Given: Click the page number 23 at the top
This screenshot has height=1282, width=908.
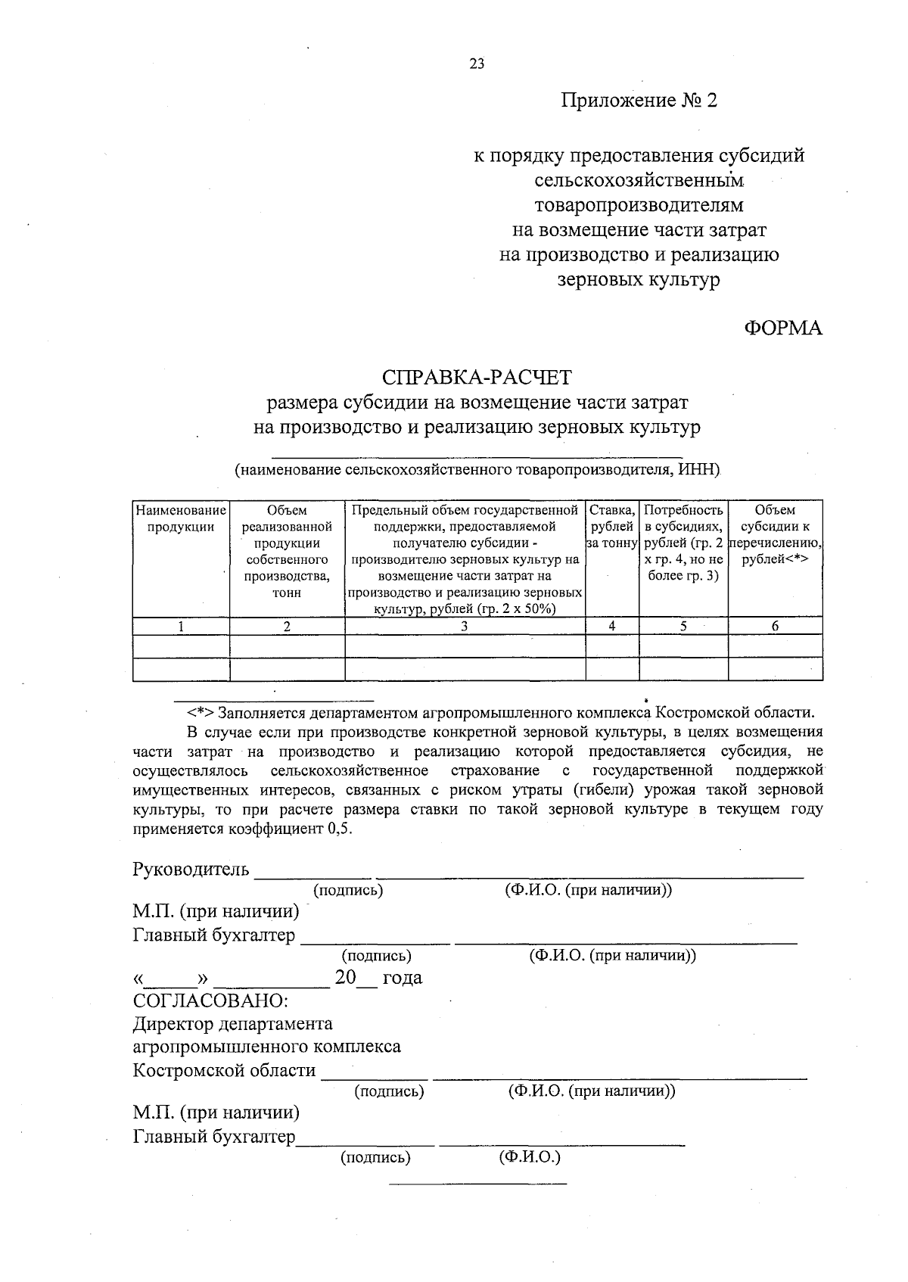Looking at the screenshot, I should (x=477, y=64).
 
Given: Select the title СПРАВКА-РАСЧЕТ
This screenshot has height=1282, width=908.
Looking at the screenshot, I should (x=477, y=376).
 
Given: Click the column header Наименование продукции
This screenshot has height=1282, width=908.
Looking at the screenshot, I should (x=181, y=518).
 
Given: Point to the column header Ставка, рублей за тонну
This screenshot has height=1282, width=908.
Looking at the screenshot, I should (x=612, y=527).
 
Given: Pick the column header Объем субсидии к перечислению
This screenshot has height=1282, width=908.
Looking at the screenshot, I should (x=775, y=535).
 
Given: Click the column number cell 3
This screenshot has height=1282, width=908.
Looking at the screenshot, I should (x=465, y=626).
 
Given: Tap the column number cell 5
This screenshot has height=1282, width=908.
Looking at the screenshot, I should (x=683, y=626).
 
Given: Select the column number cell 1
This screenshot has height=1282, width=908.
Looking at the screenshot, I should (x=181, y=626).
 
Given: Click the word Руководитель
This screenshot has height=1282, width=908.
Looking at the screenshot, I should (x=191, y=869).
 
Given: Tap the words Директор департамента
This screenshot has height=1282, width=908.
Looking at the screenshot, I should (x=233, y=1024).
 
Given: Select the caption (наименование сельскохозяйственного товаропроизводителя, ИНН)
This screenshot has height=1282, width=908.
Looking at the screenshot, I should (x=477, y=470).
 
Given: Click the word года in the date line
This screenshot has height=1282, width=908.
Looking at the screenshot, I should (x=403, y=978).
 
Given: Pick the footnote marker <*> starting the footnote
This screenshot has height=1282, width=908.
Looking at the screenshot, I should (x=201, y=713).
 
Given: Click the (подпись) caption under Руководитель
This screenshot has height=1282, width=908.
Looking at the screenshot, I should (x=348, y=891).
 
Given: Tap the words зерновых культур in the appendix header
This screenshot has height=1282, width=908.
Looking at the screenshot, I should (x=638, y=280).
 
